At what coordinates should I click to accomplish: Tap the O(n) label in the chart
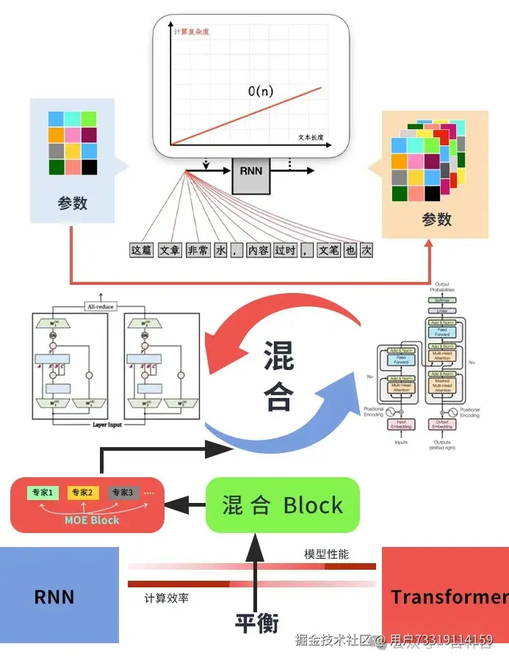pos(261,92)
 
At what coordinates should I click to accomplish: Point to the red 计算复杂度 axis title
pos(192,32)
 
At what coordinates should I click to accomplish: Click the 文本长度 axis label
pos(311,137)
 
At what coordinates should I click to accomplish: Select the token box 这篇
pos(141,251)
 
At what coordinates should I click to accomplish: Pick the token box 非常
pos(198,251)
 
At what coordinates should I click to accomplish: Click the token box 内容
pos(258,251)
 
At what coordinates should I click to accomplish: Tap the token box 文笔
pos(328,251)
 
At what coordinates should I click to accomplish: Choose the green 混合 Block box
pos(283,505)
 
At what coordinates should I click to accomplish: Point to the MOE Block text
pos(92,520)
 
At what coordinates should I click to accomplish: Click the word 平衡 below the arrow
pos(257,623)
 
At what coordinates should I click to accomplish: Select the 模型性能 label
pos(327,554)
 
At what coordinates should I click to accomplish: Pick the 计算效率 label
pos(167,598)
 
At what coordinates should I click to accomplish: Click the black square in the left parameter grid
pos(89,167)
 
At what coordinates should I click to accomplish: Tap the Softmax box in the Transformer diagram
pos(442,301)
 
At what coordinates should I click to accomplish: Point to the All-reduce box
pos(101,306)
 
